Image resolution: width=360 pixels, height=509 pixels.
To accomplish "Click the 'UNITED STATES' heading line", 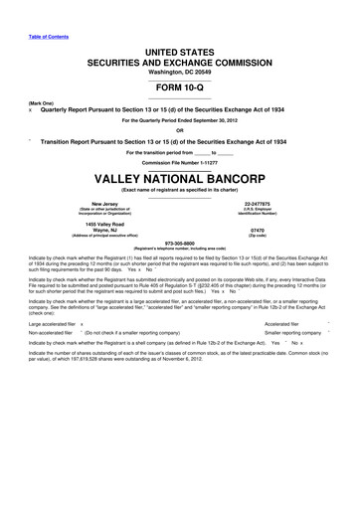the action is [180, 51].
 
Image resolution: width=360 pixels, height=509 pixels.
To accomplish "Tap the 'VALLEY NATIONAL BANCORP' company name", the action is [180, 181].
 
